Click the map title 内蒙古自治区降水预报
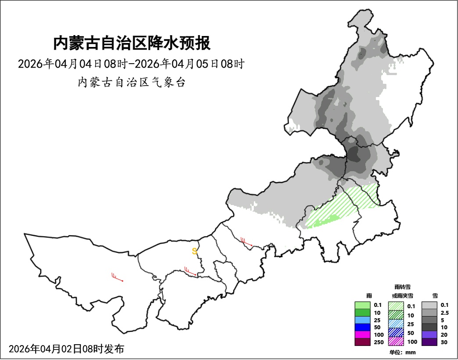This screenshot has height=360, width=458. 132,44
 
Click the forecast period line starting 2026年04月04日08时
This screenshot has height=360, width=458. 131,64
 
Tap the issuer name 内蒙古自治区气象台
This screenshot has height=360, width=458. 131,82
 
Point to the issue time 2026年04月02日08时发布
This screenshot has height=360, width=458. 66,349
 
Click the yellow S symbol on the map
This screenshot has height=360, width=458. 195,252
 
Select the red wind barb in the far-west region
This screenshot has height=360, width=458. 117,277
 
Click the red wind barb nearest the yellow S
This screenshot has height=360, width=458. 190,271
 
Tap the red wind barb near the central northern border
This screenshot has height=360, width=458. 246,241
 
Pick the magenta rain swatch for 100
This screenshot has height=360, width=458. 363,335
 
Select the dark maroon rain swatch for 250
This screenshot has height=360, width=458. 363,342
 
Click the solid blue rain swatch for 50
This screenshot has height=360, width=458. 363,327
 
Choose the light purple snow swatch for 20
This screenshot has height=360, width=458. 429,335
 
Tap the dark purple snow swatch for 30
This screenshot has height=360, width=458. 429,342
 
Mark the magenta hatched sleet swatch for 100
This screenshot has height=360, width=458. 396,341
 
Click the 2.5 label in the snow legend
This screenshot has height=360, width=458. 444,313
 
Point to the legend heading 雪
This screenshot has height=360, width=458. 435,296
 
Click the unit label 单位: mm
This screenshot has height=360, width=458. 402,352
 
